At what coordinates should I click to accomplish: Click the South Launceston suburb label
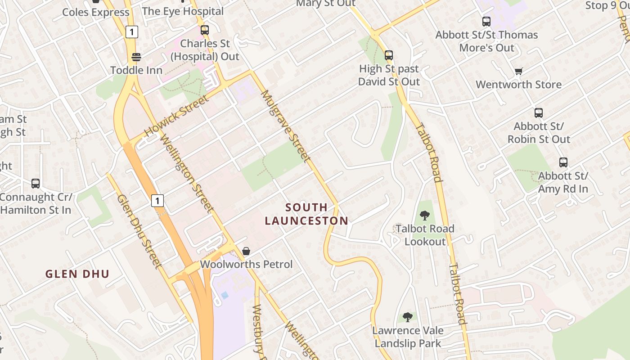tap(306, 214)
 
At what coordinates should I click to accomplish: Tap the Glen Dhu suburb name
tap(77, 274)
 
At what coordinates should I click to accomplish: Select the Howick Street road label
tap(176, 116)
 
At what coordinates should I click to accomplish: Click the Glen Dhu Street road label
tap(139, 231)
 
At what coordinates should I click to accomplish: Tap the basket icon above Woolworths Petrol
tap(246, 251)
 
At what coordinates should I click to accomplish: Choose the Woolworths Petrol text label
tap(246, 264)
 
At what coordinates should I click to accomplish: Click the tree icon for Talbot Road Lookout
tap(424, 216)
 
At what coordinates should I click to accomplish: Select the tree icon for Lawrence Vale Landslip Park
tap(408, 317)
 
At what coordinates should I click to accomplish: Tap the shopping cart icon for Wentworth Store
tap(518, 71)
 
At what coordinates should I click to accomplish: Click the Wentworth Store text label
tap(518, 85)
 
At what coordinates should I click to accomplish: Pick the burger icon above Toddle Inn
tap(136, 57)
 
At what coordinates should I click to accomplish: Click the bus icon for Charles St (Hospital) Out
tap(205, 30)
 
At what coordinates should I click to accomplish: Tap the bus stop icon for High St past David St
tap(389, 55)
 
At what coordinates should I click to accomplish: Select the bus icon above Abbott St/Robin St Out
tap(539, 113)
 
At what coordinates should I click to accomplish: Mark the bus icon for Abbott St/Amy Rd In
tap(563, 162)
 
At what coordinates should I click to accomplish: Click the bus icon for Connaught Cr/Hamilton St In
tap(36, 184)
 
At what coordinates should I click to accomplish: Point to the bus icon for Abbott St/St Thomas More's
tap(486, 21)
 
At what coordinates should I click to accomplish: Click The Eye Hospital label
tap(183, 11)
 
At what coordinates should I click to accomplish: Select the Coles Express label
tap(96, 12)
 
